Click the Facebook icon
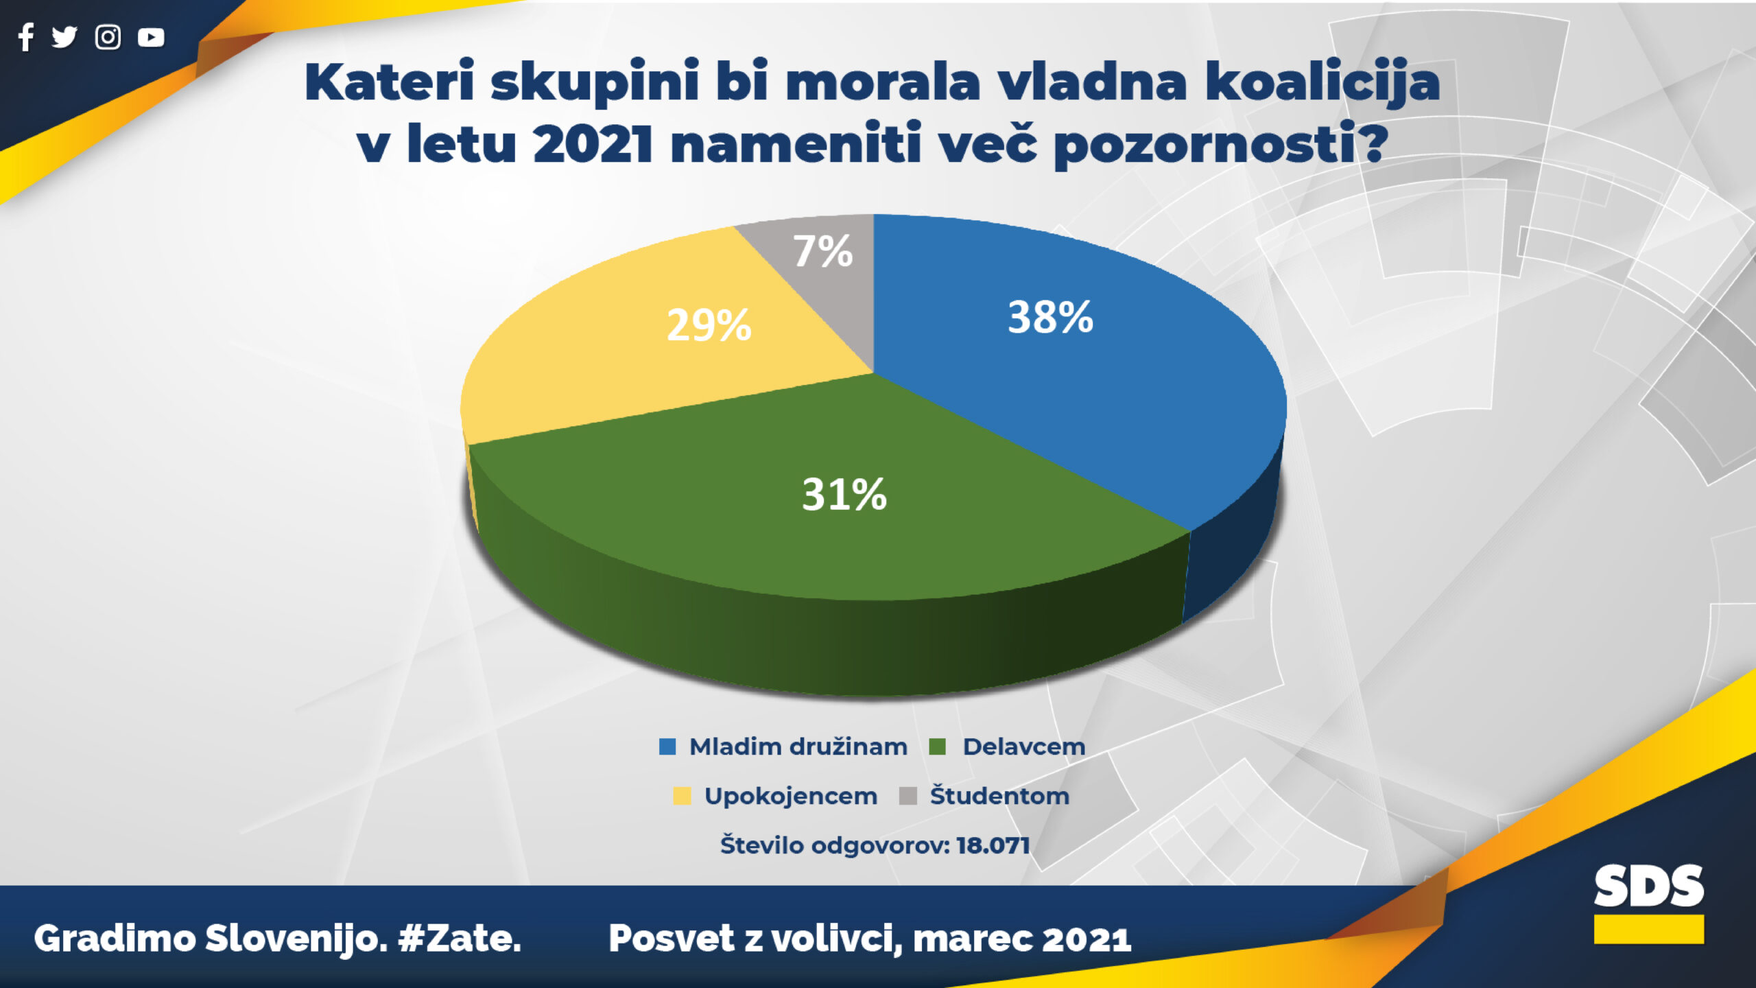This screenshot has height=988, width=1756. coord(26,37)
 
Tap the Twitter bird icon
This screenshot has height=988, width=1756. coord(64,37)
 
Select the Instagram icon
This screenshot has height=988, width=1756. coord(108,37)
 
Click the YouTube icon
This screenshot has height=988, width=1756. coord(151,37)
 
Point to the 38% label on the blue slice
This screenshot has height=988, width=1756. coord(1050,317)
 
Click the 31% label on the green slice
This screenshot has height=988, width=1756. coord(844,494)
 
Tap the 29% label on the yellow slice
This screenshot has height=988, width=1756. coord(709,325)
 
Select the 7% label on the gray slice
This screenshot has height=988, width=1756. coord(823,251)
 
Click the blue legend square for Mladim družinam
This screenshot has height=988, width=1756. coord(667,746)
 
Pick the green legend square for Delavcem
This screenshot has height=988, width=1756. coord(937,746)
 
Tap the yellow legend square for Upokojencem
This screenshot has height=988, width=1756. coord(682,796)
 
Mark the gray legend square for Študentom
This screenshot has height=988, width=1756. coord(908,796)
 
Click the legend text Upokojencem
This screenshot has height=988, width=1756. coord(791,797)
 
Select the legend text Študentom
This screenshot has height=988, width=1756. coord(999,795)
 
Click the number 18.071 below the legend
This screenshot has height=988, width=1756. coord(993,845)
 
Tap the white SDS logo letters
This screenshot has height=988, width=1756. coord(1649,885)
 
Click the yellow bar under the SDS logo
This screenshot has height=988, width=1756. coord(1649,929)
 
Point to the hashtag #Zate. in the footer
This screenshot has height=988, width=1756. coord(460,939)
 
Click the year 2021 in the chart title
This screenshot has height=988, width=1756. coord(593,145)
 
